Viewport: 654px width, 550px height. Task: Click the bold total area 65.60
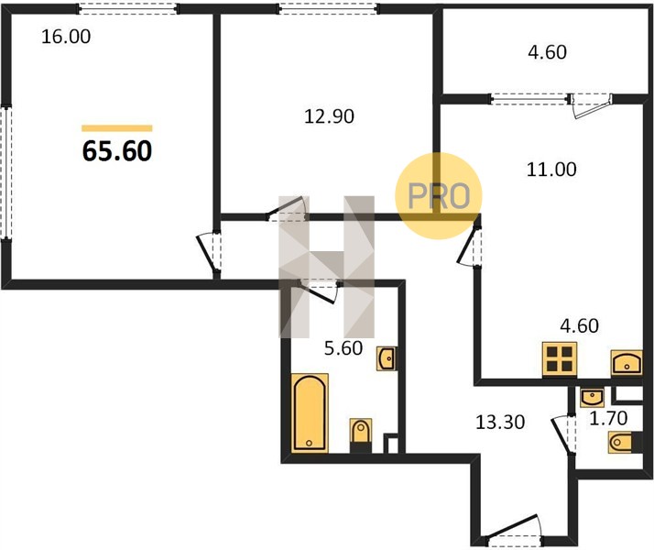(117, 150)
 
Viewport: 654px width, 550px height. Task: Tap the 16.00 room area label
(66, 37)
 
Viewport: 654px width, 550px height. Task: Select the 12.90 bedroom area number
(329, 116)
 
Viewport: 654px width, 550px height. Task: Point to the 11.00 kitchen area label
(551, 170)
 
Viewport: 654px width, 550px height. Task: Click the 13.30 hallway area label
(500, 423)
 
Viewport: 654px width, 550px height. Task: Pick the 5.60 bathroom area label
(343, 348)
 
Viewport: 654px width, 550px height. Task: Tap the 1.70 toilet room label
(608, 418)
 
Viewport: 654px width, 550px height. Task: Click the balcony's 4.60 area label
(547, 52)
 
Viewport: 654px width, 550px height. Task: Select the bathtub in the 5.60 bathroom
(310, 413)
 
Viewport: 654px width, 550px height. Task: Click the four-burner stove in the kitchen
(560, 359)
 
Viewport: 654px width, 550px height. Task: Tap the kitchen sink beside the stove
(627, 362)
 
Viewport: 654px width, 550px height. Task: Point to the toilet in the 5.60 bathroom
(361, 435)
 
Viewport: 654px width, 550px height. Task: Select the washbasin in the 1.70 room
(593, 397)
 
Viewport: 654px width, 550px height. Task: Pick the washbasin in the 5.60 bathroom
(387, 358)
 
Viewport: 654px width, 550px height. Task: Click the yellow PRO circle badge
(439, 196)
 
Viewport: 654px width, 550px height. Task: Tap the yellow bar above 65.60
(117, 128)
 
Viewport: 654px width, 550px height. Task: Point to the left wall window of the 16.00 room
(6, 172)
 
